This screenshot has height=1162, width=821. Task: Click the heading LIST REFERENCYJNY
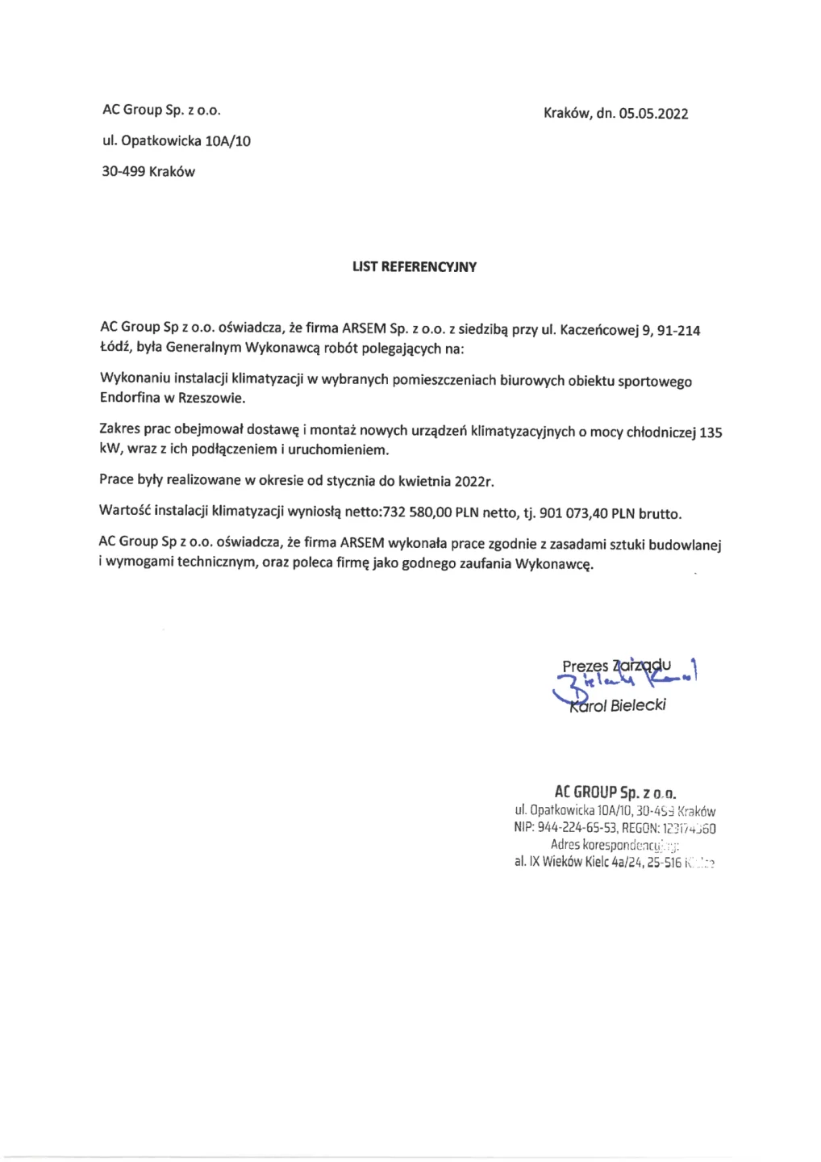tap(415, 267)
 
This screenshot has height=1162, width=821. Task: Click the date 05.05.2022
tap(653, 114)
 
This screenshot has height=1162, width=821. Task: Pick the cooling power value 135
tap(711, 433)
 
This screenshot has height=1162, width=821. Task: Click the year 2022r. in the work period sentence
tap(474, 482)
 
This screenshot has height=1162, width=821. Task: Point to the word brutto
tap(660, 514)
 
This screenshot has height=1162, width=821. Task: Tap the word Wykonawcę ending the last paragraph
tap(554, 564)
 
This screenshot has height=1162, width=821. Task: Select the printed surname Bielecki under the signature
tap(638, 706)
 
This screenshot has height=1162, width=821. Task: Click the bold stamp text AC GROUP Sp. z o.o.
tap(615, 792)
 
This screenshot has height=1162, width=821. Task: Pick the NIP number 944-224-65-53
tap(577, 828)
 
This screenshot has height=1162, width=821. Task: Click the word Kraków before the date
tap(567, 113)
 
